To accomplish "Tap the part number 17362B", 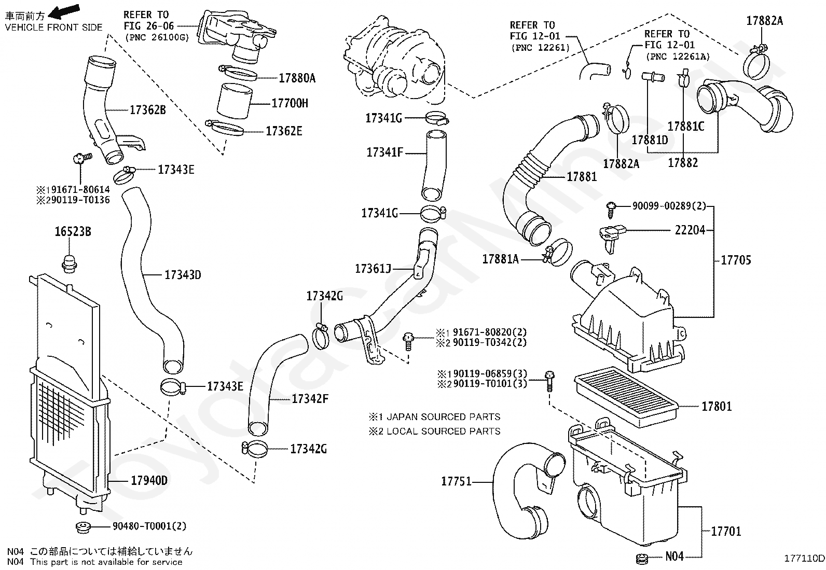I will [x=147, y=110].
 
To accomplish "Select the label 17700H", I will [x=290, y=103].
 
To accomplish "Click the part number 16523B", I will [x=73, y=232].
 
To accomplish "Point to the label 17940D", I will [x=149, y=481].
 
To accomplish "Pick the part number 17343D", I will [x=183, y=275].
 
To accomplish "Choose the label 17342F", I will [x=310, y=399].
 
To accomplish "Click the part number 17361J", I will [x=373, y=269].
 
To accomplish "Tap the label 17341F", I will [x=384, y=152].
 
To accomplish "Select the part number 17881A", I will [x=500, y=259].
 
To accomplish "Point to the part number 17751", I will [x=456, y=481].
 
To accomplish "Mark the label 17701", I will [x=726, y=531].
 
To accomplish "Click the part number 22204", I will [x=690, y=230].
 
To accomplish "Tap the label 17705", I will [x=736, y=260].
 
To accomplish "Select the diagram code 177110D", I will [x=804, y=558].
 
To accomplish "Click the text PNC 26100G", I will [x=157, y=37].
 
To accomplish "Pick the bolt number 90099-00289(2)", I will [x=669, y=206].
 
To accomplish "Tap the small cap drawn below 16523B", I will [x=68, y=263].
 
